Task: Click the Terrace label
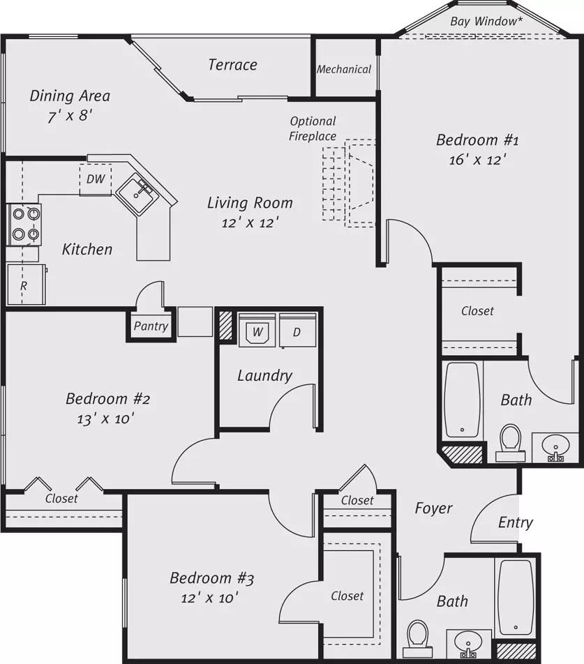[x=232, y=65]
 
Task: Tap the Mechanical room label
[x=344, y=69]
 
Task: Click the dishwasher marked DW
[x=96, y=179]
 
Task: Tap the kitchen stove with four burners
[x=24, y=225]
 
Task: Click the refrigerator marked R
[x=26, y=284]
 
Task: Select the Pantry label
[x=151, y=326]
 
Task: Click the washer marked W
[x=257, y=331]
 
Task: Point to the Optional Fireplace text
[x=313, y=128]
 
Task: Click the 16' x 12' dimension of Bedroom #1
[x=478, y=160]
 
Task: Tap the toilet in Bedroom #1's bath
[x=510, y=443]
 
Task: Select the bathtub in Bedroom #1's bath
[x=463, y=400]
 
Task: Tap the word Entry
[x=516, y=522]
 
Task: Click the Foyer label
[x=434, y=508]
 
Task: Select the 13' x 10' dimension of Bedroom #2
[x=105, y=418]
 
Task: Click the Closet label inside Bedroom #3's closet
[x=347, y=596]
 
